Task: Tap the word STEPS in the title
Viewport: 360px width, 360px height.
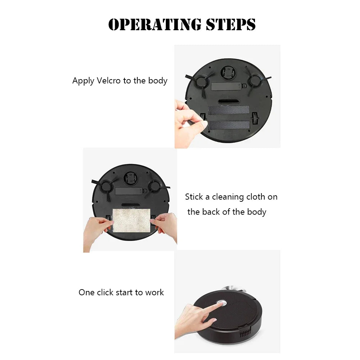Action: [x=231, y=24]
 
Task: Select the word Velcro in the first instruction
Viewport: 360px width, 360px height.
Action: [x=109, y=81]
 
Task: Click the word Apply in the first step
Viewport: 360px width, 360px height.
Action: [x=83, y=81]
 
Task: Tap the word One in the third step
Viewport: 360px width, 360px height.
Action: [x=87, y=292]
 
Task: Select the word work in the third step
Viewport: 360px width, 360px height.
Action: [x=154, y=292]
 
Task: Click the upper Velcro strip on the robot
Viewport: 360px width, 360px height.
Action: [x=229, y=110]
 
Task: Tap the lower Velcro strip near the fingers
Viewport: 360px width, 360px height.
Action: [x=229, y=125]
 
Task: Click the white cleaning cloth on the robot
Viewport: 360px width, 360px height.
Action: [x=131, y=220]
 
